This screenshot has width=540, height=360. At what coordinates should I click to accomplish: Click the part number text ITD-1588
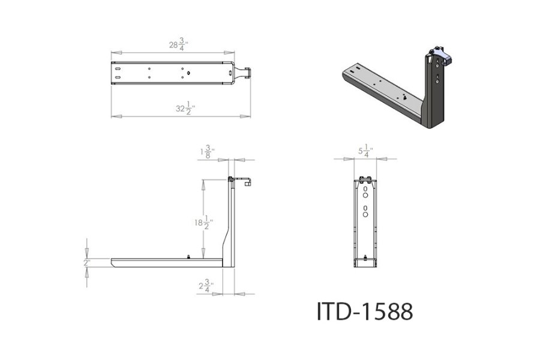[365, 311]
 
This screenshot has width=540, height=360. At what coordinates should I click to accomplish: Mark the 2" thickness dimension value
[87, 263]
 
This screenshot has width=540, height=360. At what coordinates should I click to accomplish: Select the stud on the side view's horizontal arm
[189, 257]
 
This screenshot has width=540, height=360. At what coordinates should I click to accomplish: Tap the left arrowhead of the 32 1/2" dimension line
[114, 116]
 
